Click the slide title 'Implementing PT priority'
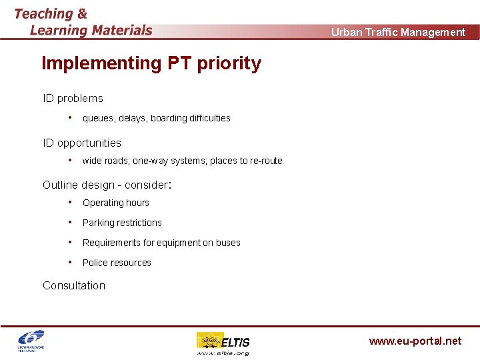(x=151, y=63)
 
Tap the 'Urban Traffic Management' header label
(x=398, y=32)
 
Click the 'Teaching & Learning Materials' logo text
(x=83, y=22)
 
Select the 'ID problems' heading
(x=73, y=98)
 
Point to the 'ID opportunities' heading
(x=82, y=143)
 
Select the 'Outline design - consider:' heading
(x=107, y=185)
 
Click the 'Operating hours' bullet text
(x=116, y=203)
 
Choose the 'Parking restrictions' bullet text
(x=122, y=223)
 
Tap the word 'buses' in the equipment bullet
(x=228, y=243)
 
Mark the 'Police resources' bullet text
(x=117, y=263)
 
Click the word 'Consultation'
(x=74, y=285)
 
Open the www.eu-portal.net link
(x=415, y=341)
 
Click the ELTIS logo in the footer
(x=223, y=343)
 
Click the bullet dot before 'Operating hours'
(x=70, y=202)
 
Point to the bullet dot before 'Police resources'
(x=70, y=262)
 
